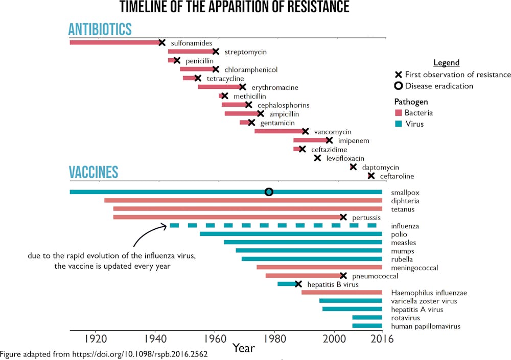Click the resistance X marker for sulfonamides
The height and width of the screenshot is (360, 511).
click(x=162, y=43)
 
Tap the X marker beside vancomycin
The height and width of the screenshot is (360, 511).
click(x=306, y=131)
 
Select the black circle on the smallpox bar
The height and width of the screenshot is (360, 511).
click(x=269, y=192)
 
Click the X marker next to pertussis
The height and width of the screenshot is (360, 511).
click(x=343, y=217)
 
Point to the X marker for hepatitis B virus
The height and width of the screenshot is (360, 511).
click(x=298, y=284)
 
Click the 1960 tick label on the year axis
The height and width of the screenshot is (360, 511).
click(x=215, y=339)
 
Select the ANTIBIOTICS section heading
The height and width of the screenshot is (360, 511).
click(x=100, y=29)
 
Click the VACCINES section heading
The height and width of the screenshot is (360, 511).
click(x=94, y=172)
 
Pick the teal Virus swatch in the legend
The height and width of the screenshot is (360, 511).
click(x=399, y=124)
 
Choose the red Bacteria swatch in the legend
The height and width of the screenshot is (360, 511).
click(x=399, y=113)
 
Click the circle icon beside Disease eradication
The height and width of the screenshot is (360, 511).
click(x=399, y=86)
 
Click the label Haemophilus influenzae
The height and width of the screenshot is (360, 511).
click(x=429, y=293)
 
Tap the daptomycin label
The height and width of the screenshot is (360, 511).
click(x=380, y=167)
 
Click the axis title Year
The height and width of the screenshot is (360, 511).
click(x=244, y=348)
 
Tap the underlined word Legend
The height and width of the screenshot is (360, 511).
click(x=446, y=63)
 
